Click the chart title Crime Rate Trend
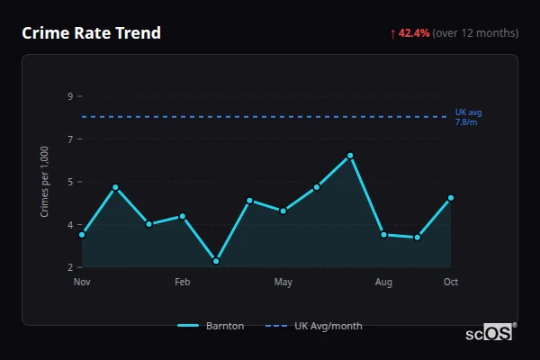[91, 33]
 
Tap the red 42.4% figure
[414, 33]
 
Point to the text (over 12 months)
[475, 33]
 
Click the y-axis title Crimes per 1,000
[44, 181]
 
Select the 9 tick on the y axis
[70, 95]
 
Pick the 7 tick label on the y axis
[70, 139]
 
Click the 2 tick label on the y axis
[70, 267]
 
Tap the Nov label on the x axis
[82, 283]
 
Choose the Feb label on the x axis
[183, 283]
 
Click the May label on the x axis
[283, 283]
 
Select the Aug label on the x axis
[383, 283]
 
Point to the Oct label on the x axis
[451, 283]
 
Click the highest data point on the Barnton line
[350, 156]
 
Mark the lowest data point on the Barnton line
[216, 261]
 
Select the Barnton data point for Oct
[451, 198]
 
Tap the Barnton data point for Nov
[82, 235]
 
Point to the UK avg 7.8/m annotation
[468, 116]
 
